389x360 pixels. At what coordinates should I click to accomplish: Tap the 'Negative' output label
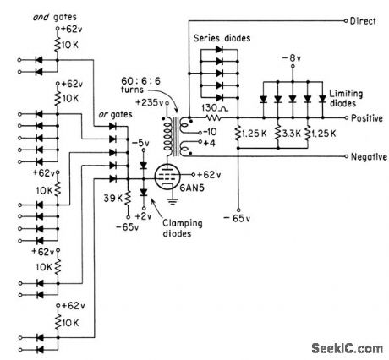(x=370, y=157)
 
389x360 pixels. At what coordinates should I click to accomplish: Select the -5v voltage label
(x=145, y=141)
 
